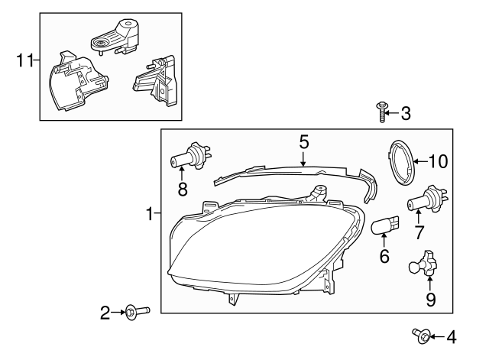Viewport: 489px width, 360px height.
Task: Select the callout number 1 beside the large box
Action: [x=150, y=215]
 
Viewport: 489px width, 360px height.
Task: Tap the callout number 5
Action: [x=303, y=141]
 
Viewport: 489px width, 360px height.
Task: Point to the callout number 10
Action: [x=438, y=161]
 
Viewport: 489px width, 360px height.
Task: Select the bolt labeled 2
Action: [x=137, y=311]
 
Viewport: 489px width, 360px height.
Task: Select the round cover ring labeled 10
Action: [x=400, y=161]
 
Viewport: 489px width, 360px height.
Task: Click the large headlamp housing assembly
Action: [x=252, y=245]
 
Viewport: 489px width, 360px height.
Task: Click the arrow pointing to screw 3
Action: [x=391, y=114]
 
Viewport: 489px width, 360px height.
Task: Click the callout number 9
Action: [x=430, y=300]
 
